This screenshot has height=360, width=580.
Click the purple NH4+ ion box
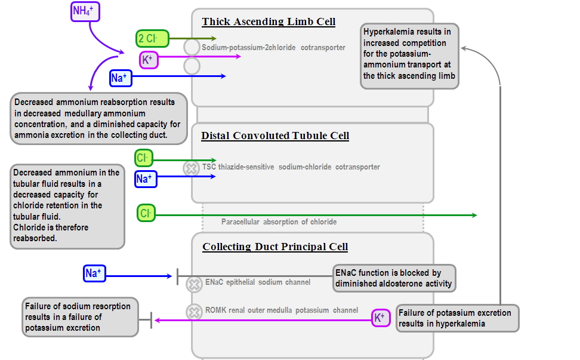tap(85, 11)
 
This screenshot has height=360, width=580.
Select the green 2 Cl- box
tap(152, 39)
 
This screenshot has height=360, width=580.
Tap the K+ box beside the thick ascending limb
tap(149, 60)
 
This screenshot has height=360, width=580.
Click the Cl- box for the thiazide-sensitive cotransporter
tap(144, 158)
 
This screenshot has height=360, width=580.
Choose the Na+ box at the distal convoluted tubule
tap(144, 178)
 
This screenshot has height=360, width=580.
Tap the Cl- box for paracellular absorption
tap(146, 213)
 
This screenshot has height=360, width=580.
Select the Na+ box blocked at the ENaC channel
tap(94, 273)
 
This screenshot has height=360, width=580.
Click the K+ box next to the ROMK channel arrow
tap(379, 318)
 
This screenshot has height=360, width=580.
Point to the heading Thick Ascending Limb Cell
tap(269, 22)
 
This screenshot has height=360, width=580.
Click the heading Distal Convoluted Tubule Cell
tap(275, 136)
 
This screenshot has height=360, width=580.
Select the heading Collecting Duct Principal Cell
tap(275, 247)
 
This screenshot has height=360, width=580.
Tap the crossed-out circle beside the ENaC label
tap(194, 284)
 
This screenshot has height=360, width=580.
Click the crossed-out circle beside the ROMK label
tap(194, 312)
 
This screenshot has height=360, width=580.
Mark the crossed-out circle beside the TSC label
tap(191, 168)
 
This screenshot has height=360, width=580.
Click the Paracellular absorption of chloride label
tap(279, 222)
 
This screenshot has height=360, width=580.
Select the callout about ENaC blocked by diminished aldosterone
tap(394, 278)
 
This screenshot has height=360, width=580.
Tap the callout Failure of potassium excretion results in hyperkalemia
tap(456, 318)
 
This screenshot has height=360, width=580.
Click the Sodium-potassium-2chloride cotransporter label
tap(273, 47)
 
